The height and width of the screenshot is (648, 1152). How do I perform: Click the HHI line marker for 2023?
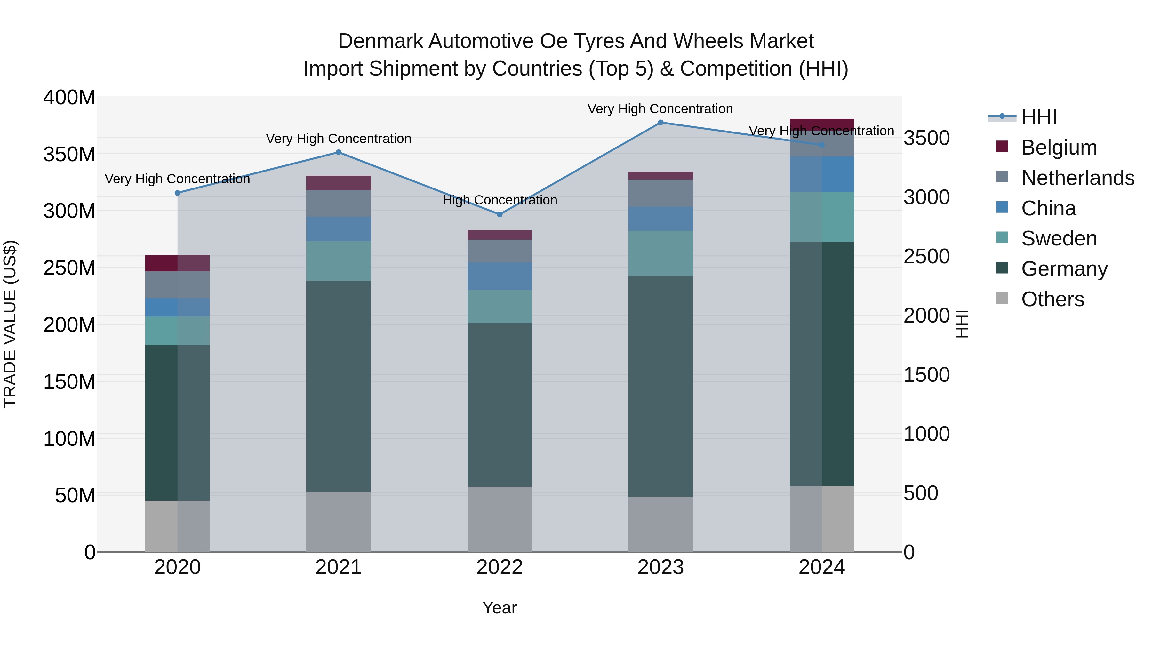[660, 123]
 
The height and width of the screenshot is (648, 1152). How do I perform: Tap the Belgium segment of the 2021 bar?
[339, 183]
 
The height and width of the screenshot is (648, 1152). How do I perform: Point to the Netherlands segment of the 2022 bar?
[500, 251]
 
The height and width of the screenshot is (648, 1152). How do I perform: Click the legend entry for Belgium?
[1059, 148]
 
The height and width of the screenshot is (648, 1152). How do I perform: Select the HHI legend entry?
[1038, 117]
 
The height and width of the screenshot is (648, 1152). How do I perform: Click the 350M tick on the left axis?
[69, 154]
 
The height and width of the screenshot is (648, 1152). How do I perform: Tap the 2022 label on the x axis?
[500, 567]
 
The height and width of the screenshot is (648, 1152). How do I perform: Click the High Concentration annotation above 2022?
[500, 200]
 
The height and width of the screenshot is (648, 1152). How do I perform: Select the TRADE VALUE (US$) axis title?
[10, 324]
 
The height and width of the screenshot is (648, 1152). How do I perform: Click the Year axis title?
[500, 608]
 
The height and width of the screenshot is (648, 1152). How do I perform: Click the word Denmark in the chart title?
[380, 41]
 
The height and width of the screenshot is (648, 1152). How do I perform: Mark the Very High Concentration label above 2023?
[660, 109]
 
